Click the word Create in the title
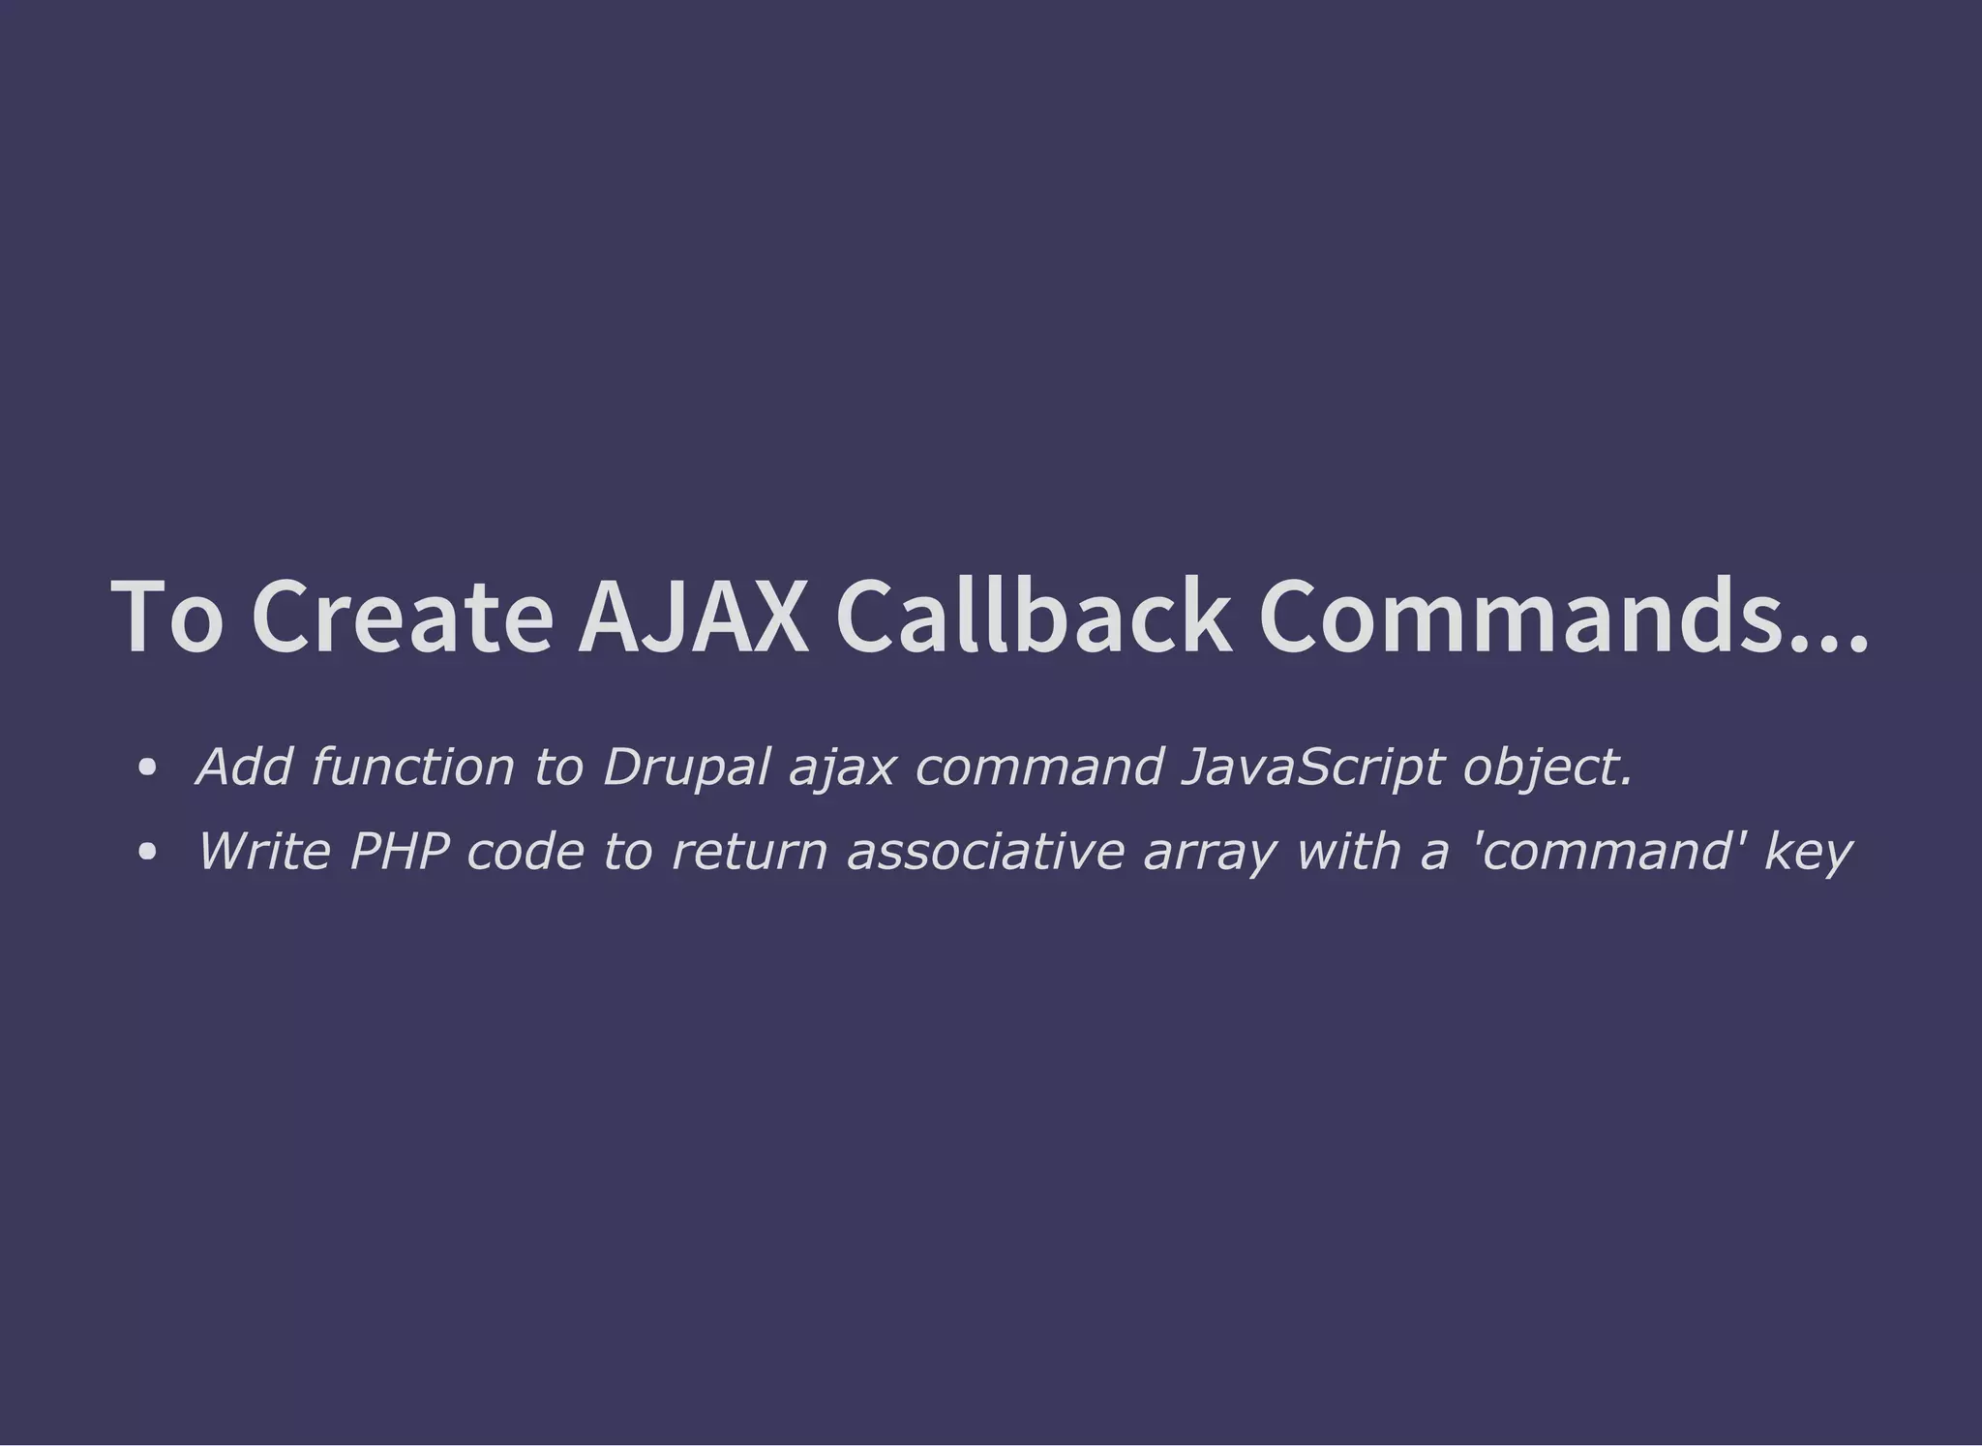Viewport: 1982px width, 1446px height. [402, 617]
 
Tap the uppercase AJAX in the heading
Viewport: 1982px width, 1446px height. [693, 617]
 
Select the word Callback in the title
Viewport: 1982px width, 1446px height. [1033, 617]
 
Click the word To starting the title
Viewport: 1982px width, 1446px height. [167, 617]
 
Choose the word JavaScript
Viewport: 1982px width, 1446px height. [1312, 767]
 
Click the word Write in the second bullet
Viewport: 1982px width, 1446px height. [263, 852]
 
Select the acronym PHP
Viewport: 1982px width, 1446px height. [399, 852]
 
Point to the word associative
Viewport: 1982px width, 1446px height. [985, 852]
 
